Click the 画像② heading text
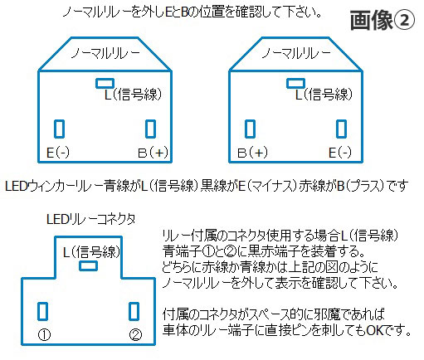click(383, 20)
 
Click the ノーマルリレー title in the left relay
click(105, 53)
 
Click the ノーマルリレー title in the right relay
click(296, 53)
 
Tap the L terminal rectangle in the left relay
click(105, 83)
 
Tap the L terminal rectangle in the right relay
click(295, 83)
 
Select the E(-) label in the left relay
click(58, 153)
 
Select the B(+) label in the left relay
click(153, 153)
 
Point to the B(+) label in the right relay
click(252, 153)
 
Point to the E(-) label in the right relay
click(340, 153)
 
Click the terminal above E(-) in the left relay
click(59, 129)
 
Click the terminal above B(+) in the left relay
click(150, 129)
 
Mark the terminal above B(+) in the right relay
click(250, 129)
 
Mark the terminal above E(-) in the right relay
click(341, 129)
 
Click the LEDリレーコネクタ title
click(91, 219)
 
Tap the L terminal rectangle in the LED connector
click(88, 266)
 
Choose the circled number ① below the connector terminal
click(44, 335)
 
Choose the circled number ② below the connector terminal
click(135, 335)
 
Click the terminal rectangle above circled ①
click(42, 311)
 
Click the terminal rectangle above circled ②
click(134, 311)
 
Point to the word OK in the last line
click(375, 330)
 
